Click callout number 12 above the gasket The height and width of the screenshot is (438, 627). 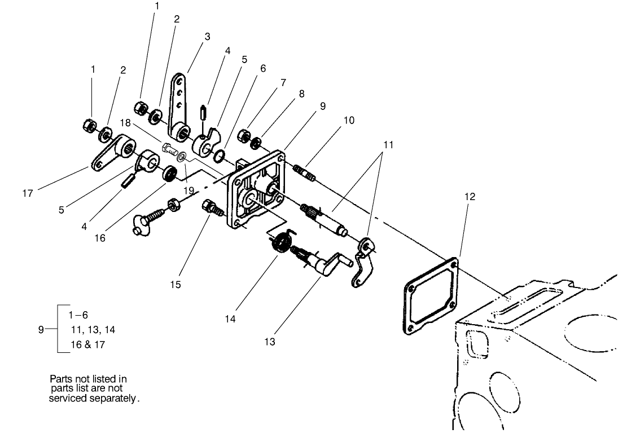coord(470,197)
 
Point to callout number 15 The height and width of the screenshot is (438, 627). coord(176,285)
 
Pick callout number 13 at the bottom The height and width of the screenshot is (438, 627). coord(270,342)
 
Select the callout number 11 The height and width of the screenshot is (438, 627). coord(387,145)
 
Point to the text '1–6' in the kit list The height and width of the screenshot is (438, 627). coord(78,316)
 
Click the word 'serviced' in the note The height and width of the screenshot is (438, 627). coord(69,398)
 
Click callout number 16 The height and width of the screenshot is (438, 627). coord(99,237)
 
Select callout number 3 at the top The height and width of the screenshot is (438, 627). coord(207,37)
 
